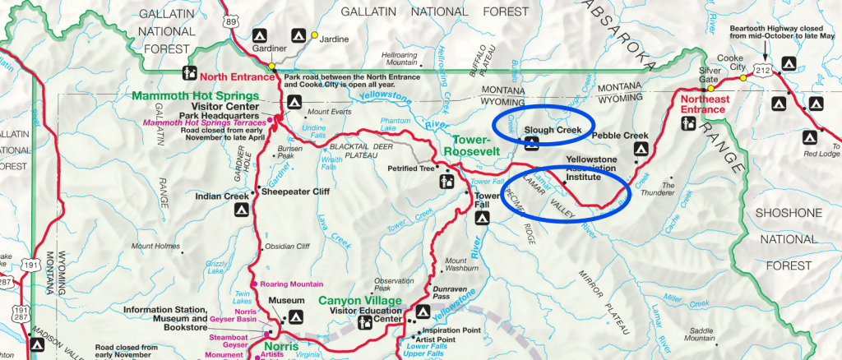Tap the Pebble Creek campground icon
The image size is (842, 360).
click(639, 150)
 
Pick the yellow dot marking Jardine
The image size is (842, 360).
click(314, 36)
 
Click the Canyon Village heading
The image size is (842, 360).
click(360, 300)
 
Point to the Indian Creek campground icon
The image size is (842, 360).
click(240, 210)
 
